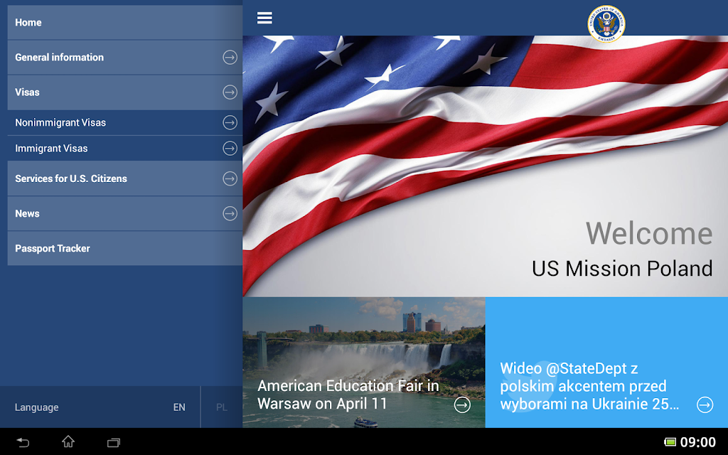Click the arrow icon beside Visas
click(x=230, y=92)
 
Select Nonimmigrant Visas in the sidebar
click(x=60, y=122)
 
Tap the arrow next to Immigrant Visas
click(x=230, y=148)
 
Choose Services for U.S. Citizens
click(x=71, y=178)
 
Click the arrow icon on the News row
click(x=230, y=213)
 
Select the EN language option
click(x=179, y=407)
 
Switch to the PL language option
click(x=222, y=407)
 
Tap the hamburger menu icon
click(x=264, y=18)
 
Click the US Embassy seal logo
click(x=606, y=23)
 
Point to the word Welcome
click(x=649, y=233)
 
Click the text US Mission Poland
click(x=622, y=268)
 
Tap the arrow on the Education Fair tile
click(x=462, y=405)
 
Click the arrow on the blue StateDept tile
click(x=705, y=405)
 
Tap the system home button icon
click(x=68, y=441)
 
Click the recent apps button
click(x=114, y=442)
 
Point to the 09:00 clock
click(x=698, y=442)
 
